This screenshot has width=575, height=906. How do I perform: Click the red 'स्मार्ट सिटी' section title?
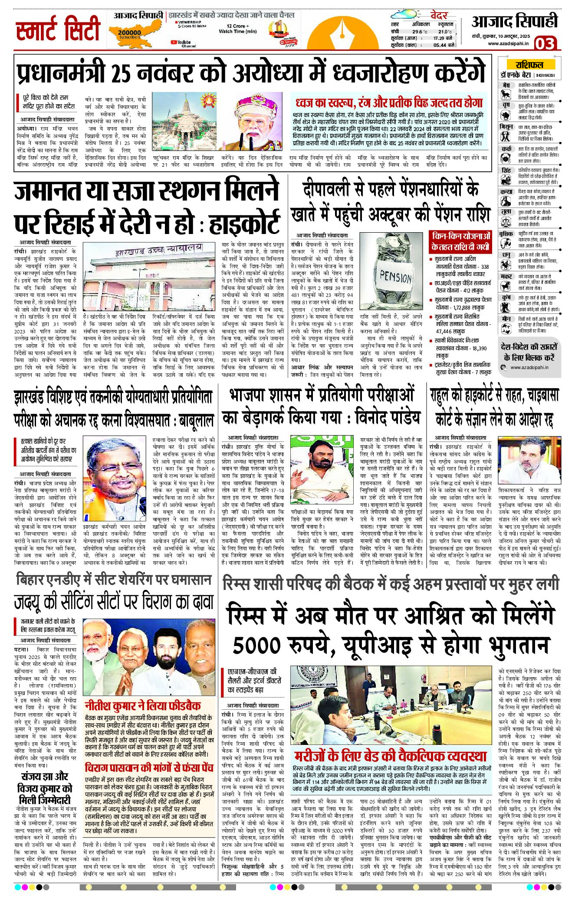click(x=58, y=30)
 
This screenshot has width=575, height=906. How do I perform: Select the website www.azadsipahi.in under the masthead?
click(x=508, y=43)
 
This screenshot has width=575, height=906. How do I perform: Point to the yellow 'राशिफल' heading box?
click(x=529, y=65)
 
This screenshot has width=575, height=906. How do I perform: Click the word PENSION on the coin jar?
click(x=395, y=276)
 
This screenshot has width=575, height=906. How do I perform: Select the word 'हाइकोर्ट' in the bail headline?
click(x=244, y=223)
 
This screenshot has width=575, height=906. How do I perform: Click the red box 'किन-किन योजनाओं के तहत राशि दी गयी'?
click(x=460, y=241)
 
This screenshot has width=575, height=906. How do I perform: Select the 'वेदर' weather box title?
click(x=439, y=16)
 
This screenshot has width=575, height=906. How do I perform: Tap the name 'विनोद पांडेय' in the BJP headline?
click(x=387, y=418)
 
